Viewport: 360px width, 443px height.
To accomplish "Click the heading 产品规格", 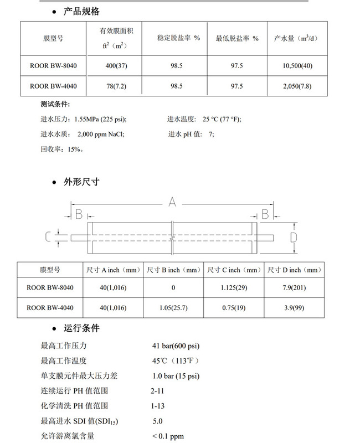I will [83, 11].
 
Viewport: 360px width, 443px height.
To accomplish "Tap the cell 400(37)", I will [117, 65].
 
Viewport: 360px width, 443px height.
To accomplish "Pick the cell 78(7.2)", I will [117, 86].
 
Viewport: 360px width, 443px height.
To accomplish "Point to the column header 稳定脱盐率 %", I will [177, 38].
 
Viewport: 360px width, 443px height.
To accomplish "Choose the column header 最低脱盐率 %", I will [236, 38].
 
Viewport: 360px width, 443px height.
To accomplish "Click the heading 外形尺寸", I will [83, 182].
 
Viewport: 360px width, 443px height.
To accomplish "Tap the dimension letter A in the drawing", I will [172, 203].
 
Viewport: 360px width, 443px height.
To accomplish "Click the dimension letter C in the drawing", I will [48, 237].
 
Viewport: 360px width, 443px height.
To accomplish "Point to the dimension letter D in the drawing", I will [294, 237].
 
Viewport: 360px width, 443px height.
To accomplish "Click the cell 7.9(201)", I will [294, 287].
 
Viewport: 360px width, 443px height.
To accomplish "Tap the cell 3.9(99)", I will [294, 307].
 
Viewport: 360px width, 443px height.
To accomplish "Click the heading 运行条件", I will [83, 328].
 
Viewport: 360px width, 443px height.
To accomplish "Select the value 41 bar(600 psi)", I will [176, 346].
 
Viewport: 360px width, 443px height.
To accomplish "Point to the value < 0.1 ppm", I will [168, 436].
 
